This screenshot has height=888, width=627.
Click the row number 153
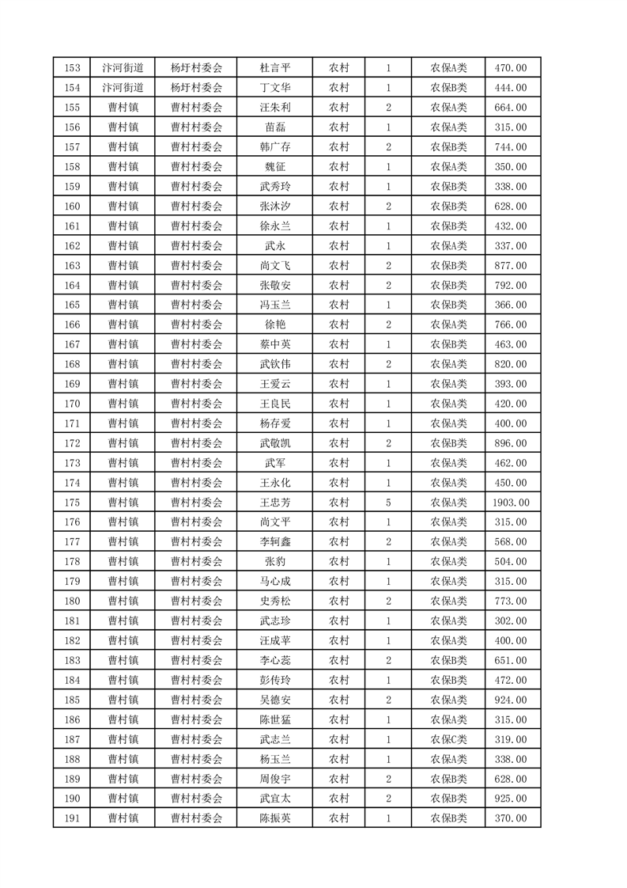click(x=71, y=68)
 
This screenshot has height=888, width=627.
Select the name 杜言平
click(x=275, y=68)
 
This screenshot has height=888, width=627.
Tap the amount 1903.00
click(x=512, y=503)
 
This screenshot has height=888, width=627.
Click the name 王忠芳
click(x=275, y=503)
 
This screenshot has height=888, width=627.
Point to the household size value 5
click(x=388, y=503)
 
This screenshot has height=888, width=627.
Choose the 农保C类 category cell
click(x=448, y=739)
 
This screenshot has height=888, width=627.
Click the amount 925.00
click(x=512, y=799)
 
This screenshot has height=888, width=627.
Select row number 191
click(x=71, y=818)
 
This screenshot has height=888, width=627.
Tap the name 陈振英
click(x=275, y=818)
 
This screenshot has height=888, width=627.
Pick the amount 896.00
click(x=512, y=443)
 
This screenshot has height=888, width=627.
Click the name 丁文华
click(x=275, y=88)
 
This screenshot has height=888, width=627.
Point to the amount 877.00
click(x=512, y=266)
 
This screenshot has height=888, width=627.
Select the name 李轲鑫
click(x=275, y=542)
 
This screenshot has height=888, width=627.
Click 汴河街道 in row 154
click(x=123, y=88)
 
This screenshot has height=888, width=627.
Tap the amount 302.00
click(x=512, y=620)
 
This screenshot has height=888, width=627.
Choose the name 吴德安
click(x=275, y=700)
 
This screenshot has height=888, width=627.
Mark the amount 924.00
click(x=512, y=700)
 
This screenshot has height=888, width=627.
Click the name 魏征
click(x=275, y=167)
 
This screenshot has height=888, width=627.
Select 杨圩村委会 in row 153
click(x=196, y=68)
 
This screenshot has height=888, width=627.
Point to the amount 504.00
click(x=512, y=562)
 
